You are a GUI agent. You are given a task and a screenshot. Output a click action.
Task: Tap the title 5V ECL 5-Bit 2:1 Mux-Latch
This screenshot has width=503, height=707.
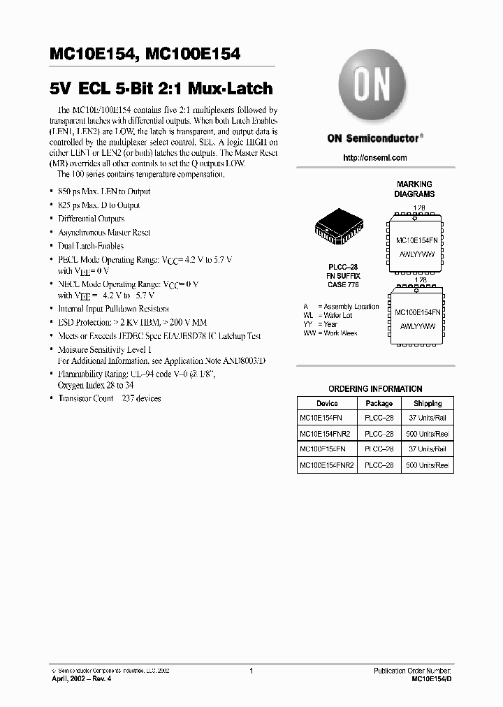pyautogui.click(x=161, y=89)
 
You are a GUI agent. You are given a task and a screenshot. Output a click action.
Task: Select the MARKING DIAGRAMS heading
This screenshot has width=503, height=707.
pyautogui.click(x=414, y=189)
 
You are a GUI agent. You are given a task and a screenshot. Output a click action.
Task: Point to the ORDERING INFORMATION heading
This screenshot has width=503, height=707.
pyautogui.click(x=375, y=389)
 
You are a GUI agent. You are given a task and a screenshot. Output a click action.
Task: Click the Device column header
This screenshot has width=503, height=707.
pyautogui.click(x=327, y=404)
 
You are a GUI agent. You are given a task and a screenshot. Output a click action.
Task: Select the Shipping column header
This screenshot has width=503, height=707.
pyautogui.click(x=427, y=404)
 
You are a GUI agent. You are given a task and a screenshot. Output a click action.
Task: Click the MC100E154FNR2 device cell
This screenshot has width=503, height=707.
pyautogui.click(x=327, y=465)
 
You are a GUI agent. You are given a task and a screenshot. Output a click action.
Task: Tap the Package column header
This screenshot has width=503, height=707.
pyautogui.click(x=379, y=404)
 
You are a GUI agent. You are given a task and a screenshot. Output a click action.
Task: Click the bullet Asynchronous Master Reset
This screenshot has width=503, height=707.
pyautogui.click(x=104, y=232)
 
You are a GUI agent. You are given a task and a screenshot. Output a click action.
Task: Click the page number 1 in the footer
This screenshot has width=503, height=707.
pyautogui.click(x=251, y=671)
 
